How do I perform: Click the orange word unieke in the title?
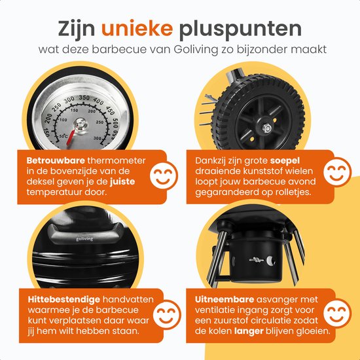pos(137,28)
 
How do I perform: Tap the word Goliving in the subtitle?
pos(196,50)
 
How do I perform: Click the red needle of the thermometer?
pos(71,137)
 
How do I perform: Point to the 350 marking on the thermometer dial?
pos(84,98)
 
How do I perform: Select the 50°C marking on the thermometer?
pos(63,136)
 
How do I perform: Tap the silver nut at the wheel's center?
pos(266,128)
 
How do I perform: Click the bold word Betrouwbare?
pos(56,160)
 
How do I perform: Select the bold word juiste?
pos(122,181)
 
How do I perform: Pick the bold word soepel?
pos(285,161)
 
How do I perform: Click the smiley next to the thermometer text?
pos(164,175)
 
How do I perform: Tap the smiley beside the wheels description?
pos(337,171)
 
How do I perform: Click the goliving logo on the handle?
pos(84,239)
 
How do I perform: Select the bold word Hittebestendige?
pos(64,299)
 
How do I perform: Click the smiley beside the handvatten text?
pos(167,314)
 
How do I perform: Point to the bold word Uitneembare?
pos(225,299)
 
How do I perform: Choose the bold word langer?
pos(249,331)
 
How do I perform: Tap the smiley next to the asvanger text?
pos(337,314)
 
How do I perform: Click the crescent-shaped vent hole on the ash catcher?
pos(270,261)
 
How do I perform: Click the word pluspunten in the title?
pos(240,29)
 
